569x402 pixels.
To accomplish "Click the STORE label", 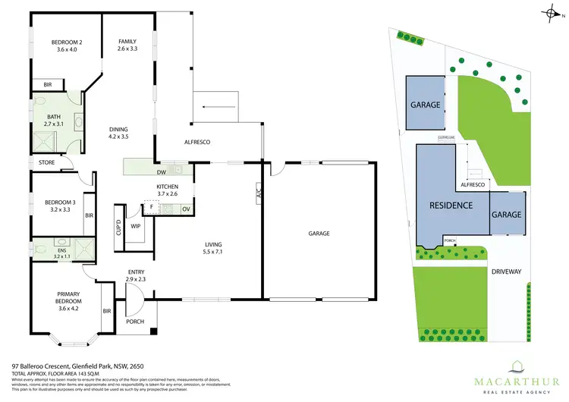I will coord(47,162).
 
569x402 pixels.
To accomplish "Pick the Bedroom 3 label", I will coord(55,206).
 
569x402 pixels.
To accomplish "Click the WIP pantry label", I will coord(136,225).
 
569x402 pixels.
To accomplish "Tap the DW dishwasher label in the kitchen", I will coord(162,171).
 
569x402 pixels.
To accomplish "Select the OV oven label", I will coord(186,209).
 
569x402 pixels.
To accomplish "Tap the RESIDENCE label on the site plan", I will coord(451,205).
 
